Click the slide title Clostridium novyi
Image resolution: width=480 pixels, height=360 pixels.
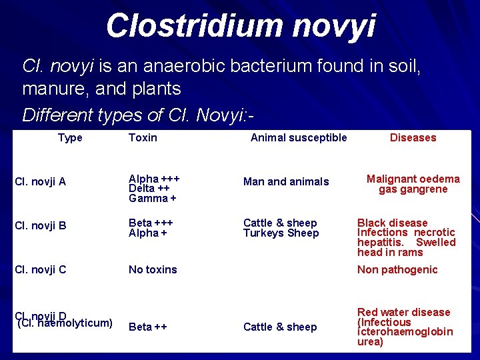pyautogui.click(x=240, y=27)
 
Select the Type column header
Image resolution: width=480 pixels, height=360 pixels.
pyautogui.click(x=70, y=138)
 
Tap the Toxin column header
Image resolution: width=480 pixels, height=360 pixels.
pyautogui.click(x=143, y=138)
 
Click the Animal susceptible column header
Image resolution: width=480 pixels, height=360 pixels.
pyautogui.click(x=298, y=138)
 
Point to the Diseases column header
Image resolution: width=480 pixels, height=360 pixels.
pyautogui.click(x=413, y=138)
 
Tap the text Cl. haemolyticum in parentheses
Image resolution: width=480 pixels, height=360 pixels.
pyautogui.click(x=65, y=323)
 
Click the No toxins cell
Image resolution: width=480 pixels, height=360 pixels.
pyautogui.click(x=153, y=269)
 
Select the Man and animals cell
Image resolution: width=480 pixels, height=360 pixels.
pyautogui.click(x=286, y=182)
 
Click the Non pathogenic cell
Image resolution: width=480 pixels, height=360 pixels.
pyautogui.click(x=397, y=269)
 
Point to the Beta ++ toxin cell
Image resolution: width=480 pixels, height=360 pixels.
pyautogui.click(x=147, y=327)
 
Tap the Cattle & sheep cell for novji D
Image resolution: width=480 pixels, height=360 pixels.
pyautogui.click(x=280, y=327)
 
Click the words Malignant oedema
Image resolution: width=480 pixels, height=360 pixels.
pyautogui.click(x=413, y=179)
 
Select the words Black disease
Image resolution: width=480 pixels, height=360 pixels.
pyautogui.click(x=392, y=223)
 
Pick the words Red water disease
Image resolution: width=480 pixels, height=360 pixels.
pyautogui.click(x=403, y=312)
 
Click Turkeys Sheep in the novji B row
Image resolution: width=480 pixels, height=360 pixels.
pyautogui.click(x=281, y=233)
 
